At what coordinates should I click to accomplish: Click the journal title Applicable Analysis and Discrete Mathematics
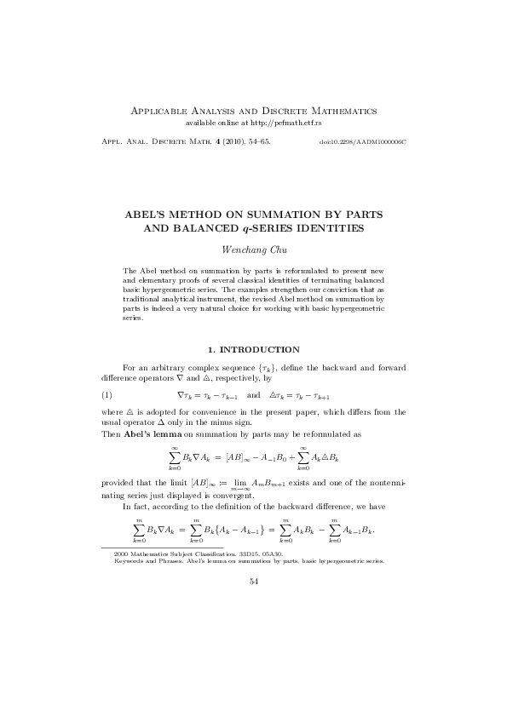tap(252, 111)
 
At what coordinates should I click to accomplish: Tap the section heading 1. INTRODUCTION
tap(253, 350)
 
